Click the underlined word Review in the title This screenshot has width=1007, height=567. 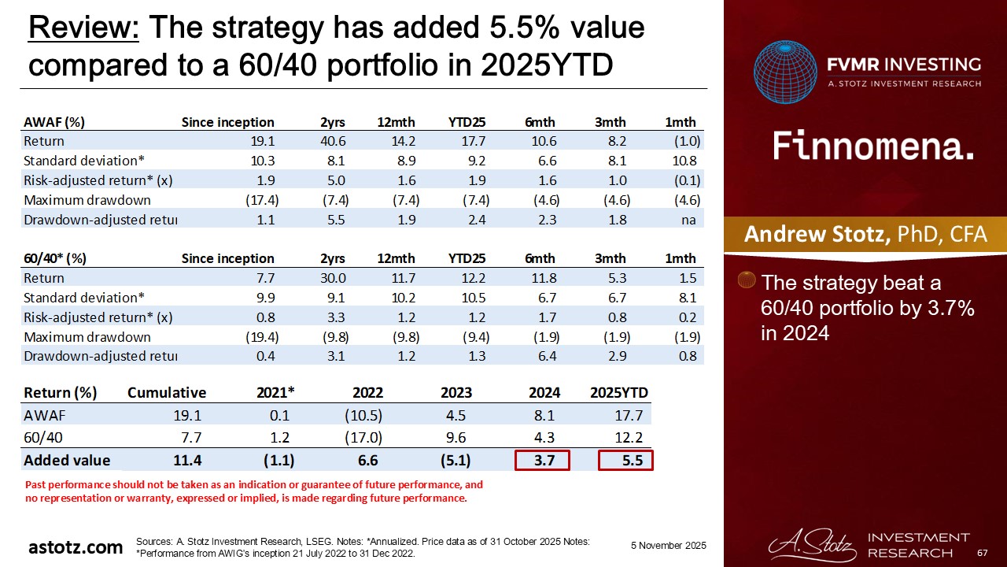[x=83, y=28]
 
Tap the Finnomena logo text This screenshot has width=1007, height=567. [x=873, y=146]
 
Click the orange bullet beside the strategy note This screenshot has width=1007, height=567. [x=749, y=281]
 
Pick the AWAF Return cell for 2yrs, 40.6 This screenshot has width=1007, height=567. [x=334, y=142]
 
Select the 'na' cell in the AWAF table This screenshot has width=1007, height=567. [x=689, y=220]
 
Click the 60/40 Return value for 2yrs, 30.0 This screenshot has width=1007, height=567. [x=334, y=278]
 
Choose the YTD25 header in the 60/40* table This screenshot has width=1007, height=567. [x=467, y=258]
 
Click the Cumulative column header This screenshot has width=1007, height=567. [x=167, y=393]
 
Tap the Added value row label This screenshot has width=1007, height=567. [x=67, y=461]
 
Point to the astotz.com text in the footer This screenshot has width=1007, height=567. [x=76, y=547]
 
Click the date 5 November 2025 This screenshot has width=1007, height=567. [x=669, y=546]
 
